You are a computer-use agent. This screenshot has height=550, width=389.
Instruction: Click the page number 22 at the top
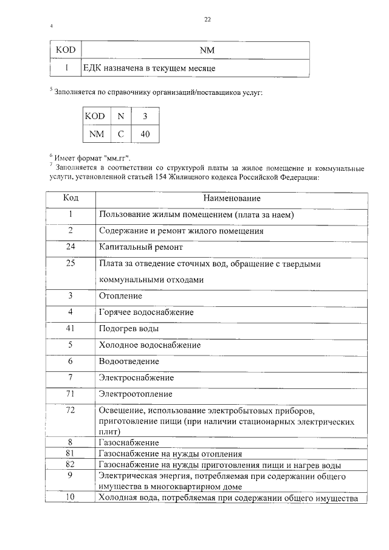click(207, 19)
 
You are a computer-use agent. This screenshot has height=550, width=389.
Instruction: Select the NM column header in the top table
click(194, 50)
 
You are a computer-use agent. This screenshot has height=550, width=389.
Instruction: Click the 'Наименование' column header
click(232, 199)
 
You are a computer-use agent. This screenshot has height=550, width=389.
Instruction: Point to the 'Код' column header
click(71, 199)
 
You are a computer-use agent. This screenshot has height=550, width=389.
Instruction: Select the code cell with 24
click(71, 247)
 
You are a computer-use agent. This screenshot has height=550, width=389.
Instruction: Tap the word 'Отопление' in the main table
click(120, 296)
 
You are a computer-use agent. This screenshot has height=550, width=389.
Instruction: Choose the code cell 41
click(71, 328)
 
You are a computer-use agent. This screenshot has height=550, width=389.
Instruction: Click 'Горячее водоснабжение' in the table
click(146, 312)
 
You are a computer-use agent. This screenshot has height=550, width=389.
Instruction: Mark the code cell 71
click(71, 394)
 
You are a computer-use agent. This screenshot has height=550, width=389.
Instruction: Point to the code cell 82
click(71, 464)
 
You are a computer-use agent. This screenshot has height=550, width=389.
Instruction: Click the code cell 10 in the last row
click(71, 498)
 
